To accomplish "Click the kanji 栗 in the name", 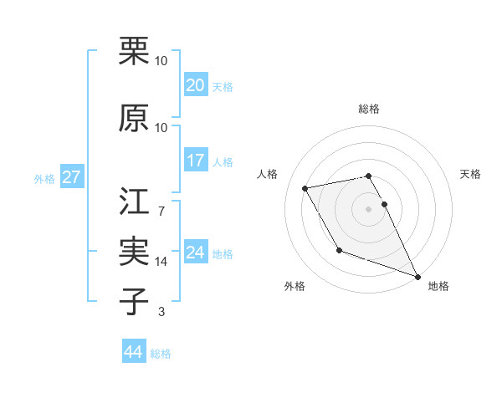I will coord(134,53).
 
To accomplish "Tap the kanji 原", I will coord(134,119).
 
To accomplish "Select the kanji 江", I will coord(134,202).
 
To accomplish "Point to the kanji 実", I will coord(134,252).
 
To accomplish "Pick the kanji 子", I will coord(134,302).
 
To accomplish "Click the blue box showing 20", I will coord(196,85).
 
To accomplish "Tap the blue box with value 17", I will coord(196,161).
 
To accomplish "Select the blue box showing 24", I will coord(196,252).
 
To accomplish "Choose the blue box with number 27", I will coord(71,176).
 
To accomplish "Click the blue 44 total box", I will coord(134,352).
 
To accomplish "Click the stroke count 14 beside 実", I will coord(161,261).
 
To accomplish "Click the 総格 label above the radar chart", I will coord(369,109).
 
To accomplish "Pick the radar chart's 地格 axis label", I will coord(438,286).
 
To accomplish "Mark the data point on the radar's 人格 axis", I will coord(305,188).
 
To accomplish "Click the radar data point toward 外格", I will coord(339,250).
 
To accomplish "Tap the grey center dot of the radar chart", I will coord(369,209).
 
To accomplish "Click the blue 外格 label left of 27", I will coord(44,178).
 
